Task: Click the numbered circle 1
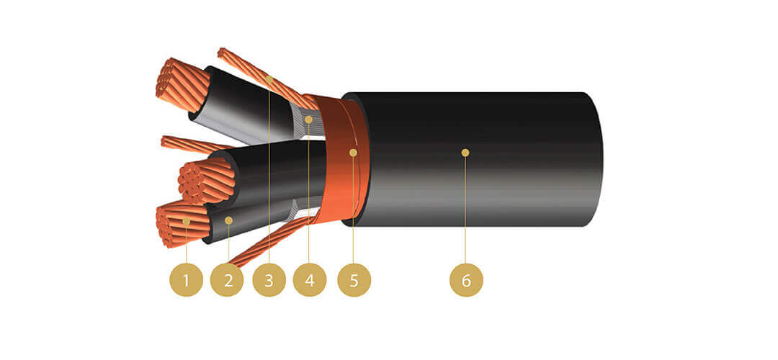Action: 186,280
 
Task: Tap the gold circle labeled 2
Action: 227,280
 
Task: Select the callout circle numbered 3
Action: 269,280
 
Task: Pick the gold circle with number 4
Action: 310,280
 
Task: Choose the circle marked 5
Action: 354,280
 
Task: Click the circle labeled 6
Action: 466,280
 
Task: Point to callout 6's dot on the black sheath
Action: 465,153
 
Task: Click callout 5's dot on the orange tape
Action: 353,153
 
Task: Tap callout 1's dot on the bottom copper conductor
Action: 186,220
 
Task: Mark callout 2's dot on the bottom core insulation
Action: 229,220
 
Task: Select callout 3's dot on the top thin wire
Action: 269,79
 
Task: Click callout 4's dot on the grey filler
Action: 308,120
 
